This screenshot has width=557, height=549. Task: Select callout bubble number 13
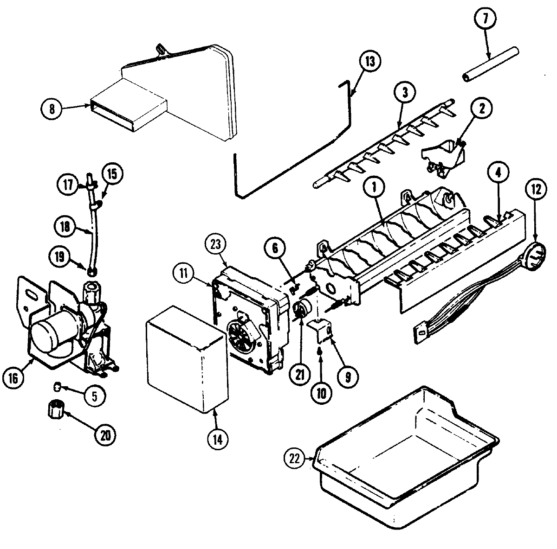pos(369,63)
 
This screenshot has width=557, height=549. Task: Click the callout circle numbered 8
pos(52,109)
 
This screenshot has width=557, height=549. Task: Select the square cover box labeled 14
pos(188,359)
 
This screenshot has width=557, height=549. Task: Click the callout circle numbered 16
pos(13,378)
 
